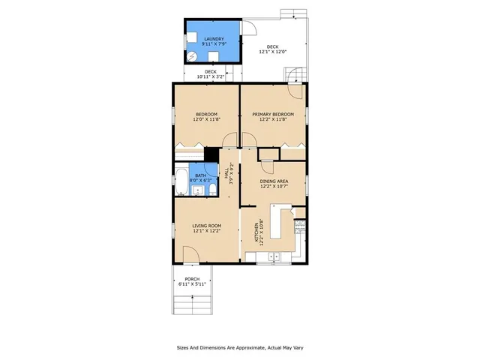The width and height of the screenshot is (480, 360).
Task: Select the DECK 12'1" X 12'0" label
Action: (273, 49)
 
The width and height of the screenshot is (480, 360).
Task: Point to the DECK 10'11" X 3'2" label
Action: (211, 74)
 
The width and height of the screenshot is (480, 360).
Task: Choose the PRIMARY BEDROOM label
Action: (273, 117)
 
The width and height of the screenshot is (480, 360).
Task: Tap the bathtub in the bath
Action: (182, 179)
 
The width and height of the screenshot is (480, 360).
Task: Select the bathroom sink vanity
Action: (196, 191)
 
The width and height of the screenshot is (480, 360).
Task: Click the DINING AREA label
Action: (273, 184)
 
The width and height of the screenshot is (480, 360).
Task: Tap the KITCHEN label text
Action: (260, 232)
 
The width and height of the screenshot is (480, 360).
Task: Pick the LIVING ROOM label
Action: (205, 227)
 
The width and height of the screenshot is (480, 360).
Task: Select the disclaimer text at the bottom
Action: (239, 348)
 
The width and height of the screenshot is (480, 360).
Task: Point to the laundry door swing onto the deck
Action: (250, 28)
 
